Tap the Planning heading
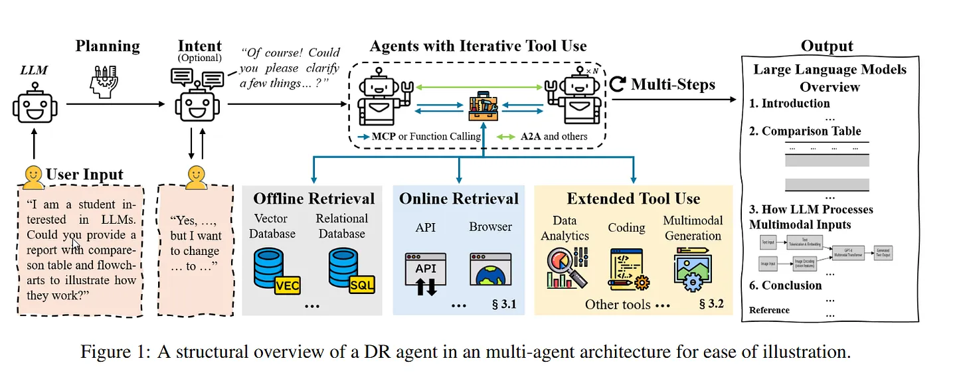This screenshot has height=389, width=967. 108,46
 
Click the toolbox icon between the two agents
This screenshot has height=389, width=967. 483,106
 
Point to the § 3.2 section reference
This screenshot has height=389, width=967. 711,305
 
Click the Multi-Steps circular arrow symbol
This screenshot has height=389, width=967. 618,84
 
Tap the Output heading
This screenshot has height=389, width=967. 827,46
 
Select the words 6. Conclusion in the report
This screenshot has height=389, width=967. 786,285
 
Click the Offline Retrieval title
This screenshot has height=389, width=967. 313,198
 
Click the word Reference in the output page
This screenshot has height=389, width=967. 769,310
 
